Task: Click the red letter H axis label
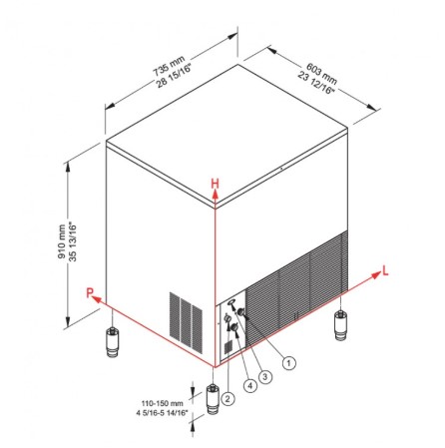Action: click(x=216, y=184)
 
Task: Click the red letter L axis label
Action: click(x=385, y=271)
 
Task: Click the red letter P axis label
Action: click(x=90, y=293)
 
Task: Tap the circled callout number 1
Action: click(x=288, y=362)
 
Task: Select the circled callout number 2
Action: click(x=227, y=398)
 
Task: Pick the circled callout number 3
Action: click(x=265, y=376)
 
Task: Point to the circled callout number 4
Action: click(x=250, y=385)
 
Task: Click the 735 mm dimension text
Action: click(x=169, y=66)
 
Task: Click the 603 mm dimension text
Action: click(x=321, y=74)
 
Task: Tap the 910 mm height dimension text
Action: click(x=62, y=241)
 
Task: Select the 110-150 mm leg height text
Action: click(x=163, y=403)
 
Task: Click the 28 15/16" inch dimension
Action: click(x=175, y=75)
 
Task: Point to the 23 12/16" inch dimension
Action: click(x=315, y=83)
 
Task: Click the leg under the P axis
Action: click(x=113, y=342)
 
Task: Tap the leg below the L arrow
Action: click(x=341, y=325)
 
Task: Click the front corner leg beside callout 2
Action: click(x=213, y=399)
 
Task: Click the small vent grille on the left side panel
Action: click(x=186, y=322)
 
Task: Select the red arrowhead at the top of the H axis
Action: click(x=216, y=197)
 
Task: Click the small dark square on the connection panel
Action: click(x=228, y=347)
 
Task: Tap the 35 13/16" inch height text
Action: click(x=73, y=241)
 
